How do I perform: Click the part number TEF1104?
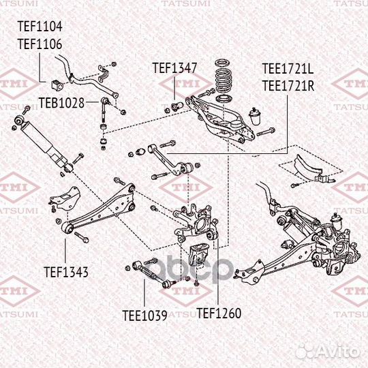(x=40, y=28)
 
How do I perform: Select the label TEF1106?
(x=40, y=44)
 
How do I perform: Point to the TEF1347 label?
(x=174, y=67)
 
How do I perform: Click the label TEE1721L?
(x=288, y=69)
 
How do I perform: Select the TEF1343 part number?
(x=66, y=271)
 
